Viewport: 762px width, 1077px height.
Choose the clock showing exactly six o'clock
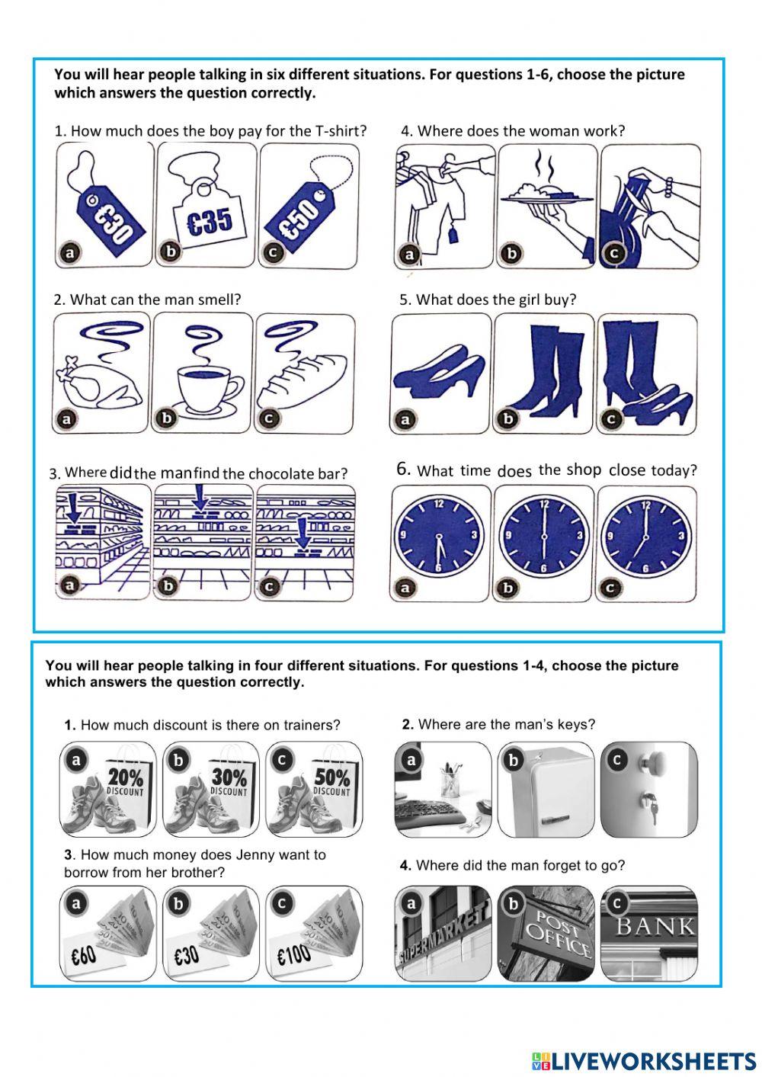[x=543, y=537]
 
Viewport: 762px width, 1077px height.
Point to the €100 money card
[x=294, y=954]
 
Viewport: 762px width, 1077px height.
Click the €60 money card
[x=85, y=954]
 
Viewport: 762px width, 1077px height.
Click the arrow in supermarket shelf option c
[x=303, y=531]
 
